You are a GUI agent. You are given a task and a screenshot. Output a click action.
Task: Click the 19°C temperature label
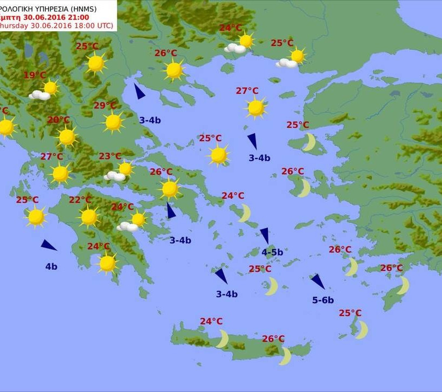(34, 75)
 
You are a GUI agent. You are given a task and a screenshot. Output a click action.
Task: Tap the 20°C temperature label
(58, 120)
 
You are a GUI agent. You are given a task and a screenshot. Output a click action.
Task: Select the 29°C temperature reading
(105, 106)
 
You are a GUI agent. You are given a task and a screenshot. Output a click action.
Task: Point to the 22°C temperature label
(80, 200)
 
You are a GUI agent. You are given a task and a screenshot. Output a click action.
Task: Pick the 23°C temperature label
(110, 156)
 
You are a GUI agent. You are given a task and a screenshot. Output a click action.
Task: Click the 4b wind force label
(51, 266)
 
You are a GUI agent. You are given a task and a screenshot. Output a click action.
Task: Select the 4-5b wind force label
(272, 252)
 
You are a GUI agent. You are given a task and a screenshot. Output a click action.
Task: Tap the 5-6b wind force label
(323, 300)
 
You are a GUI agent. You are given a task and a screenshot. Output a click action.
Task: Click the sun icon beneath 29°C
(113, 122)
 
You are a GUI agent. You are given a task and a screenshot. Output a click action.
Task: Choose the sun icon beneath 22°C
(89, 217)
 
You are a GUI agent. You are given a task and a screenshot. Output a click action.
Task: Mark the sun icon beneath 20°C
(67, 137)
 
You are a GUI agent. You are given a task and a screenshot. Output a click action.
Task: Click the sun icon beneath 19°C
(50, 87)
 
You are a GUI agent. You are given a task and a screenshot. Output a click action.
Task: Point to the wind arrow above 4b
(49, 245)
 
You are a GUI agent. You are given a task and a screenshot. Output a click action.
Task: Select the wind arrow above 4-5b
(265, 235)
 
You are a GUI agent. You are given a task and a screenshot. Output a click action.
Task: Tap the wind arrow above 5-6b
(317, 281)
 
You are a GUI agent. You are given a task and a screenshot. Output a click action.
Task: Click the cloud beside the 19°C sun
(39, 95)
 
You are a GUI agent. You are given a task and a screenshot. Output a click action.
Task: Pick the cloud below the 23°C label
(114, 176)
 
